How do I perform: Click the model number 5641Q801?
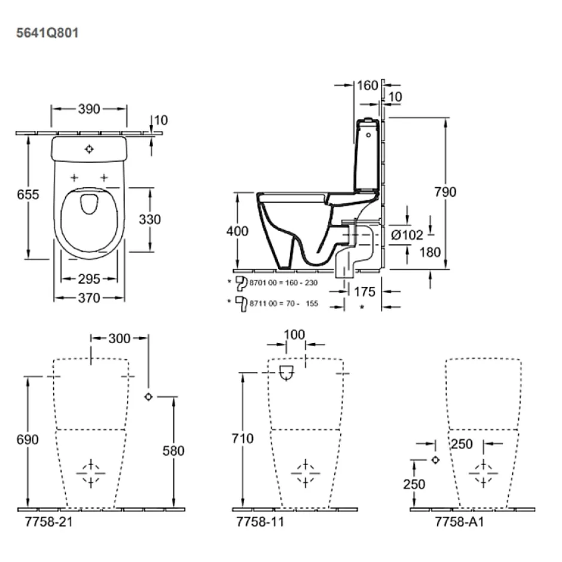pyautogui.click(x=47, y=33)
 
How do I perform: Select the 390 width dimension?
pyautogui.click(x=89, y=109)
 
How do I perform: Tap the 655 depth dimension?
pyautogui.click(x=28, y=195)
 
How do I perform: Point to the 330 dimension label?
pyautogui.click(x=150, y=219)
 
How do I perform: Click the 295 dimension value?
pyautogui.click(x=89, y=279)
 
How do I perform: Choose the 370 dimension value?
pyautogui.click(x=89, y=298)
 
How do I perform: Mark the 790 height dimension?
pyautogui.click(x=445, y=192)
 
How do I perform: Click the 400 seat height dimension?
pyautogui.click(x=237, y=231)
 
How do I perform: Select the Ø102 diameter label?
pyautogui.click(x=407, y=235)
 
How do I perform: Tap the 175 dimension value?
pyautogui.click(x=365, y=292)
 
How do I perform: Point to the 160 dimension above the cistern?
pyautogui.click(x=367, y=85)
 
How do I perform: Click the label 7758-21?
pyautogui.click(x=49, y=522)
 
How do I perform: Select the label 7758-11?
pyautogui.click(x=260, y=522)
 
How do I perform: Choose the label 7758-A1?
pyautogui.click(x=460, y=522)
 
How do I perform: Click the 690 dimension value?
pyautogui.click(x=28, y=439)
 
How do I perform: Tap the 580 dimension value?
pyautogui.click(x=173, y=451)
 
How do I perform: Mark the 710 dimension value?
pyautogui.click(x=243, y=438)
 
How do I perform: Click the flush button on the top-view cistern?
pyautogui.click(x=89, y=149)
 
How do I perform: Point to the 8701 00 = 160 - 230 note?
pyautogui.click(x=283, y=283)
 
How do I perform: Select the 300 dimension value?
pyautogui.click(x=120, y=338)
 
